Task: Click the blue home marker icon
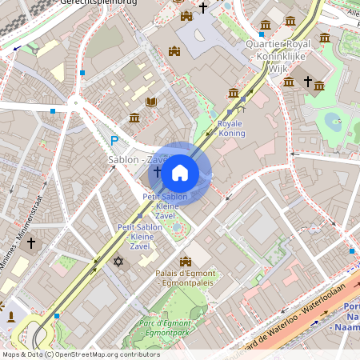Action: click(179, 173)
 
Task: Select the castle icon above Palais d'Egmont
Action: click(186, 262)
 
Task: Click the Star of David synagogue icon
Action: click(119, 262)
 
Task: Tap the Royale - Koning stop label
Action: click(231, 129)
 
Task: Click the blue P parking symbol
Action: click(114, 142)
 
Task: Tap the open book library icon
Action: click(151, 102)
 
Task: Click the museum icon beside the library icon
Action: click(134, 118)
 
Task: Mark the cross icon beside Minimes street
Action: click(32, 242)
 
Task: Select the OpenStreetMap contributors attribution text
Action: click(81, 354)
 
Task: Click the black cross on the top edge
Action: click(203, 8)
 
